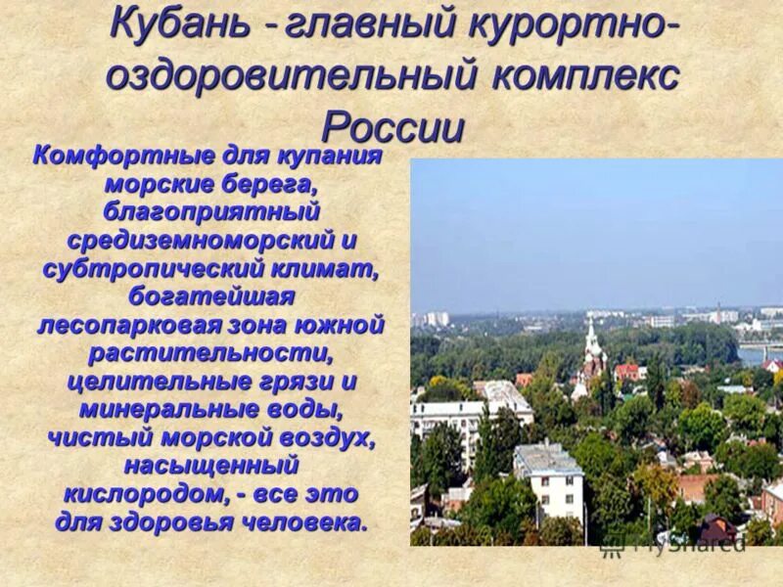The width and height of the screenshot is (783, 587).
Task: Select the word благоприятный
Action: pyautogui.click(x=211, y=210)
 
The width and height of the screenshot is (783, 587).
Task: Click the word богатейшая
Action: pyautogui.click(x=211, y=294)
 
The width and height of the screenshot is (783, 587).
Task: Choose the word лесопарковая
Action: pyautogui.click(x=131, y=324)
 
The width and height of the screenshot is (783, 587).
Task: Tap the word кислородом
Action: pyautogui.click(x=121, y=493)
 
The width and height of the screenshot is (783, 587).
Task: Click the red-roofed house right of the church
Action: pyautogui.click(x=627, y=372)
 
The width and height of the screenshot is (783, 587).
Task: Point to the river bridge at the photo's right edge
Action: pyautogui.click(x=761, y=346)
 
